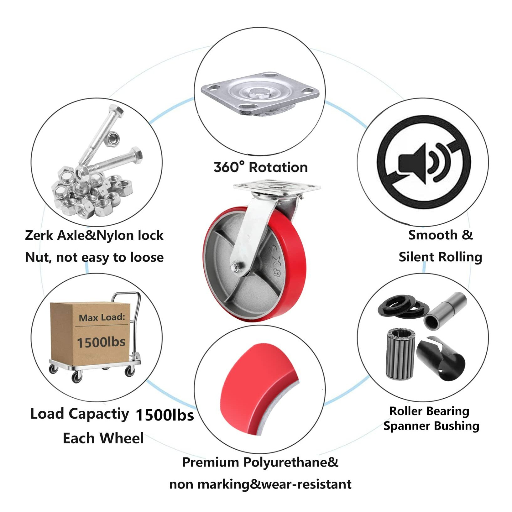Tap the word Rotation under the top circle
point(278,167)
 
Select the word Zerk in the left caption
point(39,235)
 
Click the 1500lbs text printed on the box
point(101,342)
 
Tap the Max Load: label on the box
point(102,318)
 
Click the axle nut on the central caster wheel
point(235,268)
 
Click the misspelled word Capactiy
point(99,414)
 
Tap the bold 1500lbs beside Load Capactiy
point(165,415)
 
